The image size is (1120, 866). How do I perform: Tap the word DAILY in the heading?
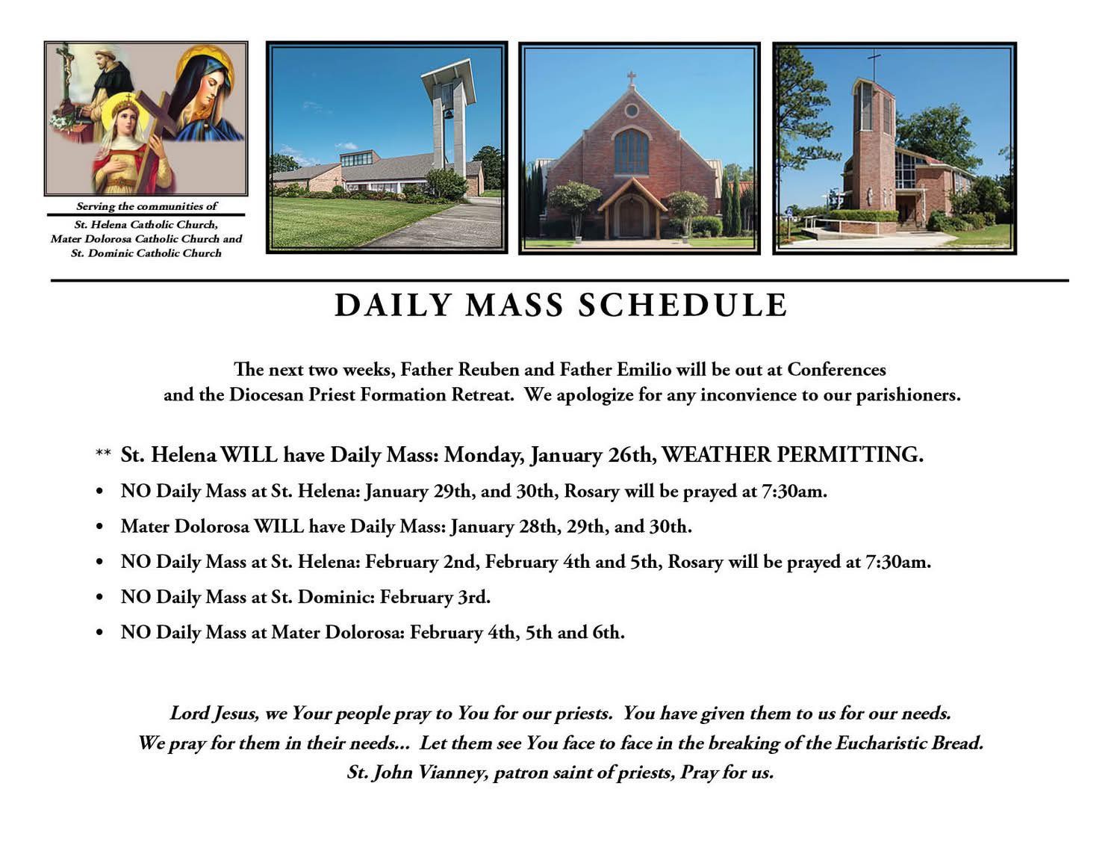pyautogui.click(x=393, y=306)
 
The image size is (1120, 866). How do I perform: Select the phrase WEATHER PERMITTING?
pyautogui.click(x=792, y=454)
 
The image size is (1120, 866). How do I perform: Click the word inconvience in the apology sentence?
pyautogui.click(x=747, y=395)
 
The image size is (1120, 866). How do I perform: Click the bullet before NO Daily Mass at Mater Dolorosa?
pyautogui.click(x=99, y=633)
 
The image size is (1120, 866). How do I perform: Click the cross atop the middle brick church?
pyautogui.click(x=632, y=78)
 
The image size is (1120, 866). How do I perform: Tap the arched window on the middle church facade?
pyautogui.click(x=632, y=152)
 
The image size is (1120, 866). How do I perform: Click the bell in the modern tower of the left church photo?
pyautogui.click(x=447, y=114)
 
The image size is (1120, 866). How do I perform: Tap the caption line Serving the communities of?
pyautogui.click(x=146, y=206)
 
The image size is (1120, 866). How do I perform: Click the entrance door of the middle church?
pyautogui.click(x=631, y=217)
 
